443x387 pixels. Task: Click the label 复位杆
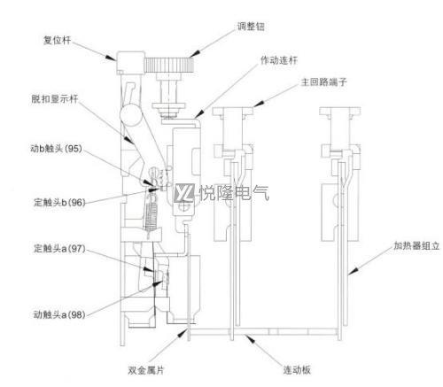click(x=58, y=40)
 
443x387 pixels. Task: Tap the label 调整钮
click(x=251, y=27)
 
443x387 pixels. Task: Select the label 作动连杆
click(x=279, y=60)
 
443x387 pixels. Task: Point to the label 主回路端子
click(x=323, y=81)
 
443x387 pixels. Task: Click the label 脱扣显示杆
click(x=55, y=99)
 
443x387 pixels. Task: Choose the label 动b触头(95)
click(x=56, y=149)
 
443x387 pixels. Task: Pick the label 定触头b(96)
click(x=59, y=203)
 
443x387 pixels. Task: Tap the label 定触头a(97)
click(x=59, y=248)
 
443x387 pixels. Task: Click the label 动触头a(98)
click(x=59, y=314)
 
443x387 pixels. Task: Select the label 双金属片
click(x=146, y=370)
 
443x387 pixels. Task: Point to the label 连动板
click(x=297, y=370)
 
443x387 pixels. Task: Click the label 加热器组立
click(x=416, y=245)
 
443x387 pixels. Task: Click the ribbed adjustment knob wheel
click(x=169, y=65)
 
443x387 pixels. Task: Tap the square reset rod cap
click(x=130, y=63)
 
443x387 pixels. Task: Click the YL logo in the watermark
click(x=184, y=193)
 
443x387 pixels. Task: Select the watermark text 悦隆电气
click(x=235, y=193)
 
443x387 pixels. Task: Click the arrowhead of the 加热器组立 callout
click(x=353, y=272)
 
